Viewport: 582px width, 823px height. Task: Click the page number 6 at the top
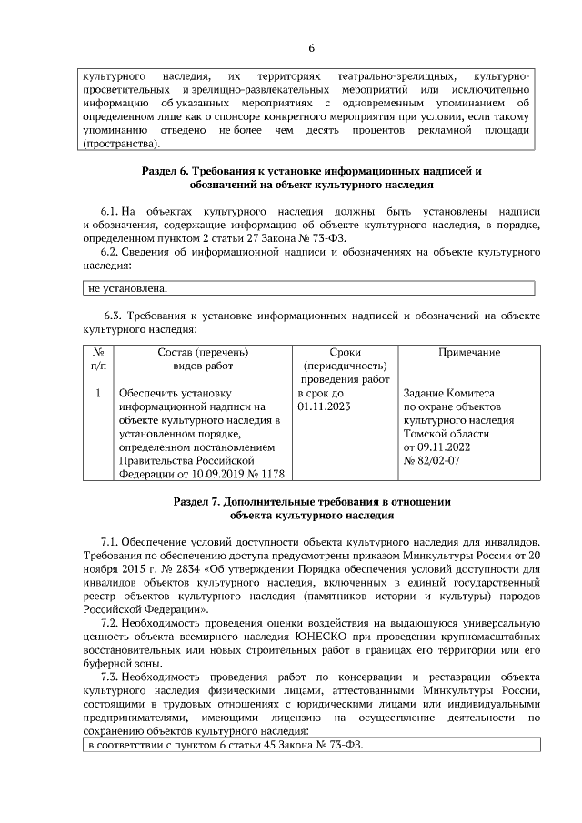(311, 48)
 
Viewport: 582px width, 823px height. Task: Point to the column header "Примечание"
(469, 352)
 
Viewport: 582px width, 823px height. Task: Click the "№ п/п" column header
(98, 358)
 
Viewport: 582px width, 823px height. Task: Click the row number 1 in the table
(98, 394)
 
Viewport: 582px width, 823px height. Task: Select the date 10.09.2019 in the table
(214, 474)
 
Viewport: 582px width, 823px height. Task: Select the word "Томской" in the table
(426, 434)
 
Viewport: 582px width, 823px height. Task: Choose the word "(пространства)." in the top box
(121, 144)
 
